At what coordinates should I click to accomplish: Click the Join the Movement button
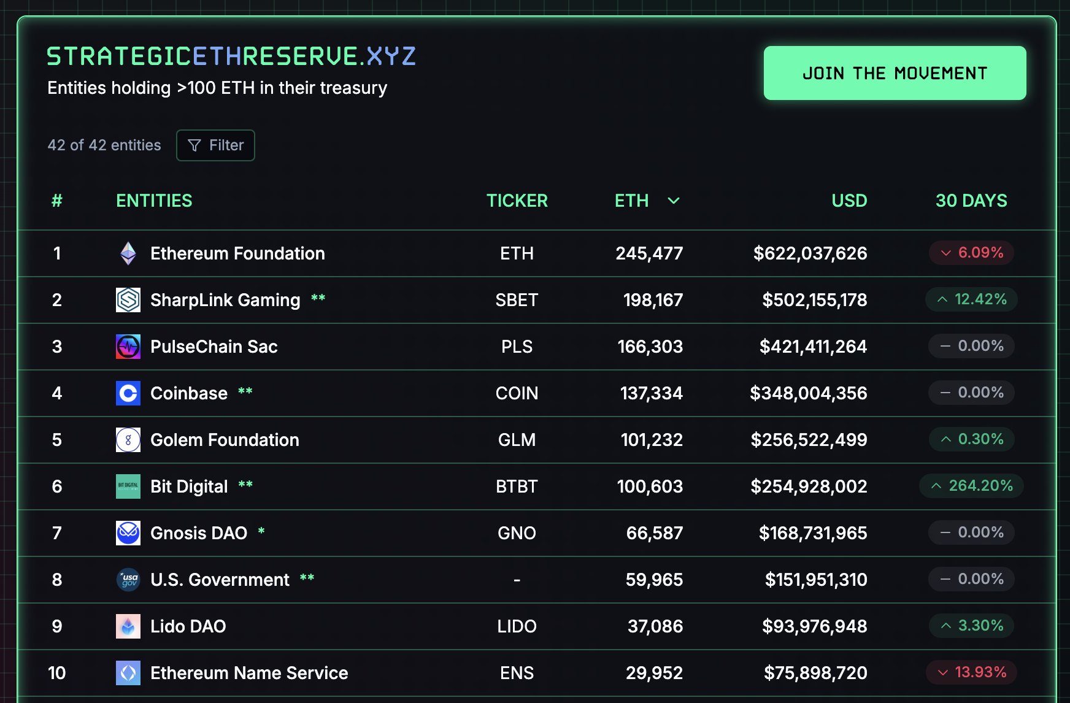(895, 73)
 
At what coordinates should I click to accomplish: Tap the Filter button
(215, 145)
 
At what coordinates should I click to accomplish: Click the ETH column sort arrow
(673, 201)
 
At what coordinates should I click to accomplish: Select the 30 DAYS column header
(971, 201)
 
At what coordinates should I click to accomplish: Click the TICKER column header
(517, 201)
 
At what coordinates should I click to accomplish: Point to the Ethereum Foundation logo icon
(128, 253)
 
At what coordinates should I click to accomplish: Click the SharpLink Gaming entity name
(225, 300)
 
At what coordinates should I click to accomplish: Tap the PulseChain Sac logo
(128, 347)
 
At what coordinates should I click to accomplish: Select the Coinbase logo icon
(128, 393)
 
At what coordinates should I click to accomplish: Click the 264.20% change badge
(971, 486)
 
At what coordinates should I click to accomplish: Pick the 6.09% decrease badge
(971, 253)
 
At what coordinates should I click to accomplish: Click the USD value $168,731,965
(812, 533)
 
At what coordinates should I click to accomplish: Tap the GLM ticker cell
(517, 440)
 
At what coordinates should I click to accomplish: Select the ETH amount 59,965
(654, 580)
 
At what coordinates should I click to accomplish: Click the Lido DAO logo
(128, 626)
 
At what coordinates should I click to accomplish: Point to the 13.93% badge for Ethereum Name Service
(971, 672)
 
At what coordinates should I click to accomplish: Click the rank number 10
(57, 673)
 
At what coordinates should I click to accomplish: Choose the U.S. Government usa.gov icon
(128, 580)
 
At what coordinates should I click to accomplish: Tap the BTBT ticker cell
(517, 486)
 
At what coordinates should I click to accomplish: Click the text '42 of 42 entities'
(104, 145)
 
